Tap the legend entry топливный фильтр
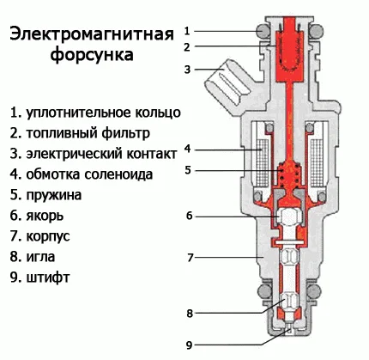[x=81, y=133]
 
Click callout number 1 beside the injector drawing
[x=187, y=31]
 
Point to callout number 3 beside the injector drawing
[x=187, y=69]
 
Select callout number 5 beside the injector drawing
[x=187, y=170]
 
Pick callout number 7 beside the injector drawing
[x=187, y=256]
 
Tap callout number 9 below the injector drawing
[x=187, y=345]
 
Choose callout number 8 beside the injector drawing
[x=187, y=313]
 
